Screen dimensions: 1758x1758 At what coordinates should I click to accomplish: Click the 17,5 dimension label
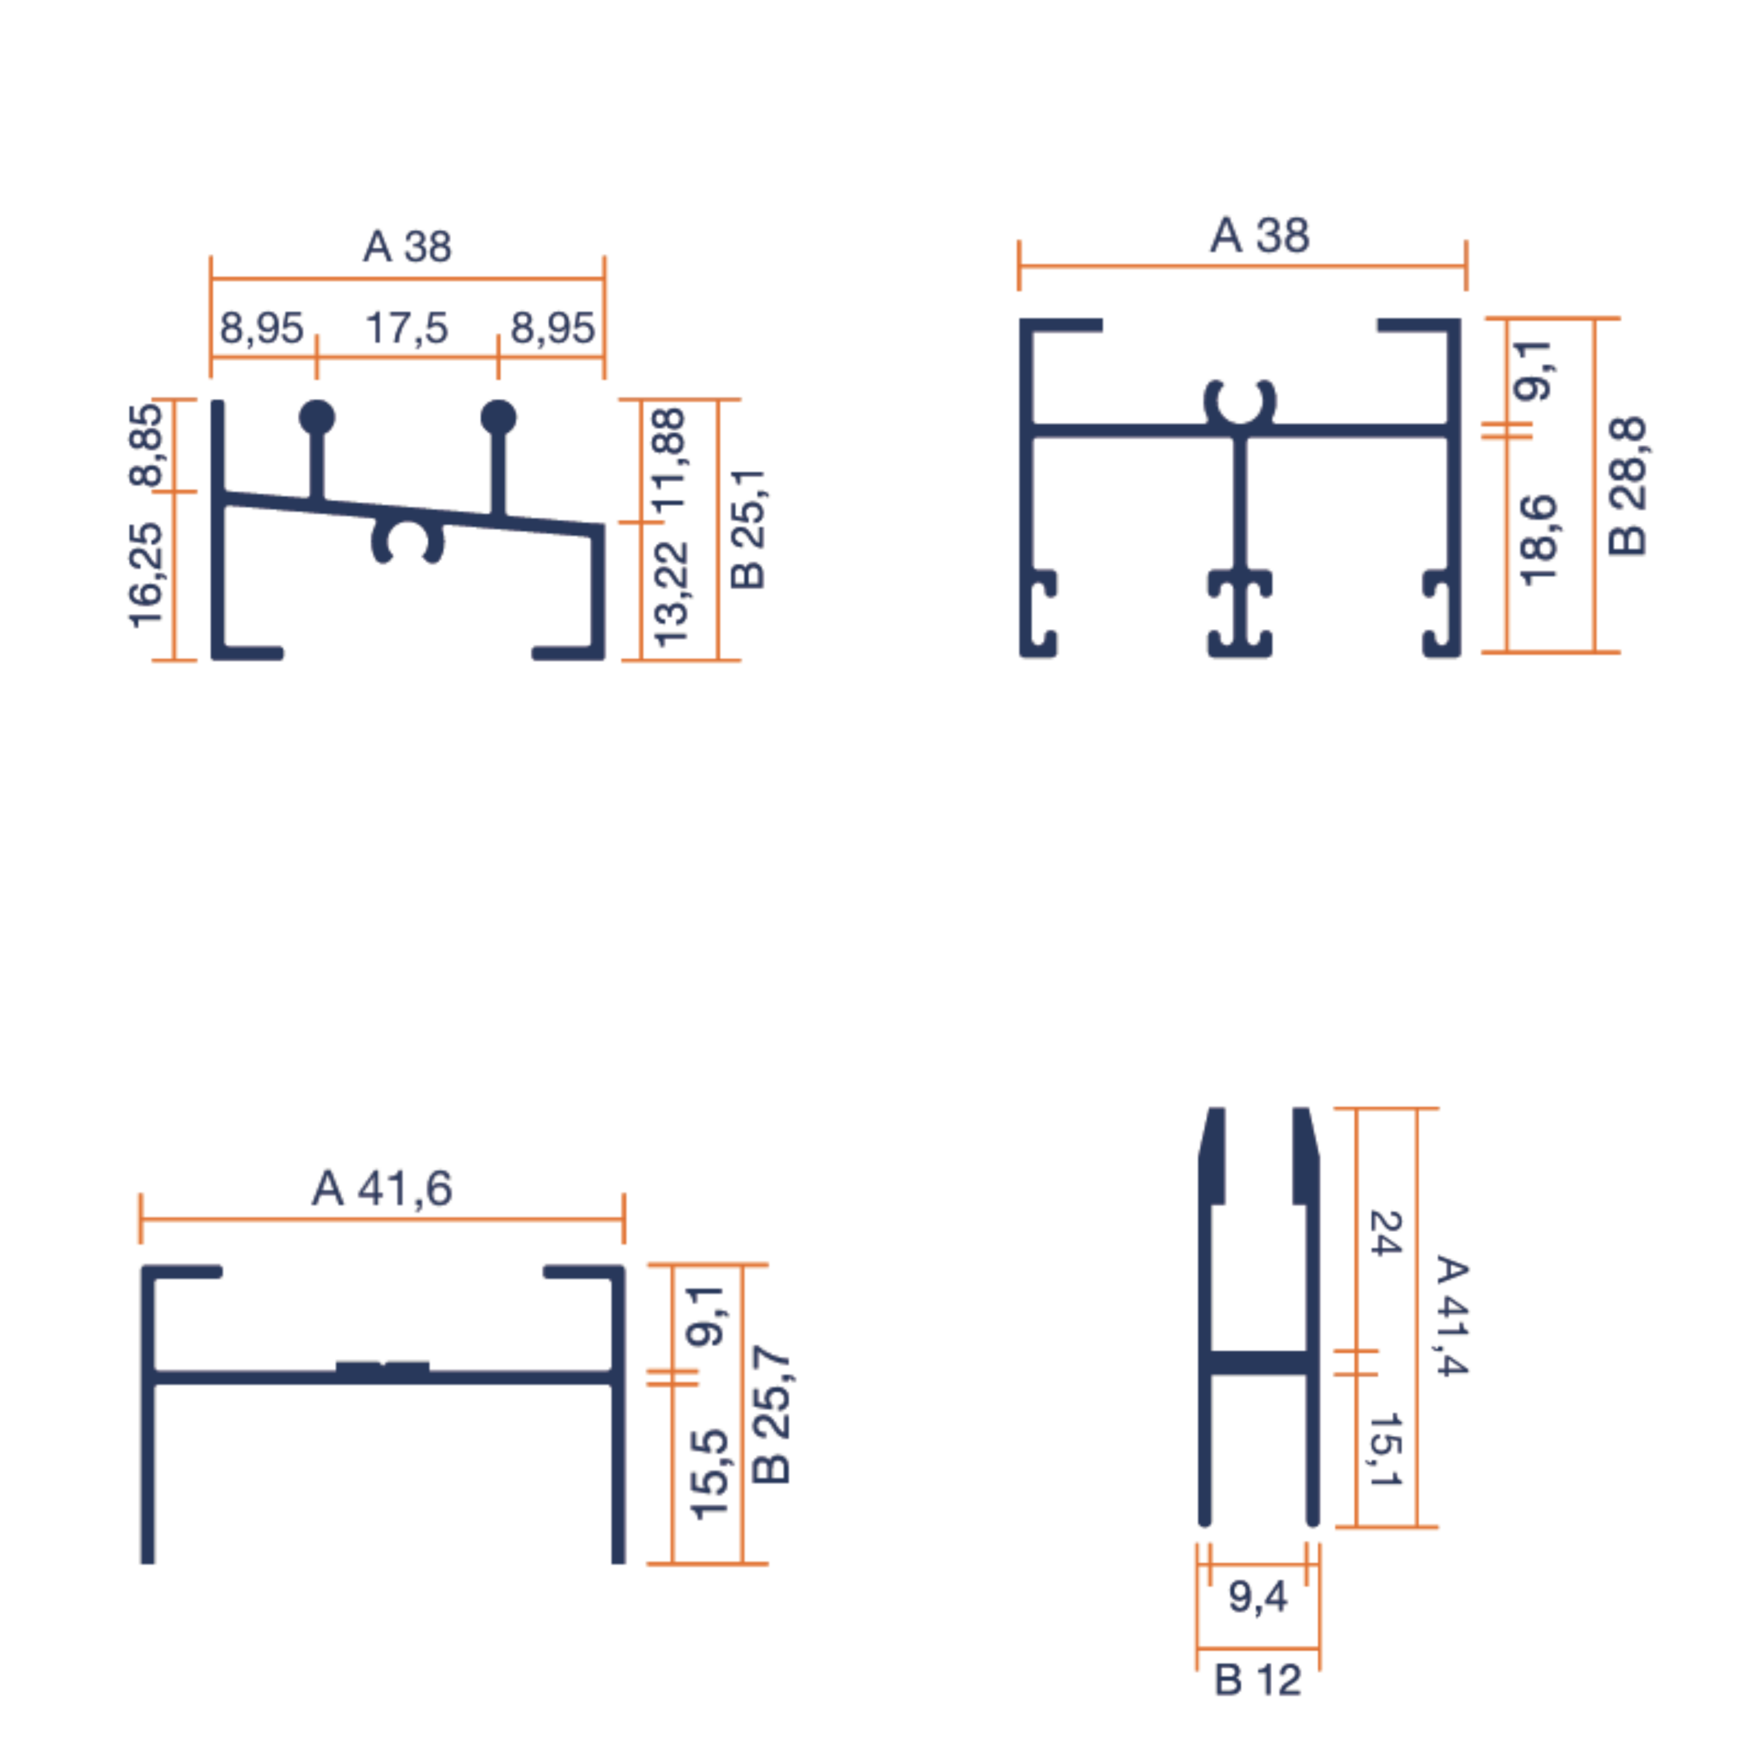(407, 328)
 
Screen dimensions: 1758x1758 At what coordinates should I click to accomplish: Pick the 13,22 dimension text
(672, 594)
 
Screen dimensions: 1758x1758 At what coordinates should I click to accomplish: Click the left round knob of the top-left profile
(317, 418)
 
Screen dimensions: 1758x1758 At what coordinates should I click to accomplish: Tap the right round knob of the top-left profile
(498, 418)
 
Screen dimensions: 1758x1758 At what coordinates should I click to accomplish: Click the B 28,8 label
(1627, 486)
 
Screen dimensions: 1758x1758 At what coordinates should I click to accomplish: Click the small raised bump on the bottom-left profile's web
(383, 1368)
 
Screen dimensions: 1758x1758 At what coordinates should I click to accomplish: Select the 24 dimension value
(1385, 1233)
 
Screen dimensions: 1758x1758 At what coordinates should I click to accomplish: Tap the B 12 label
(1257, 1680)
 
